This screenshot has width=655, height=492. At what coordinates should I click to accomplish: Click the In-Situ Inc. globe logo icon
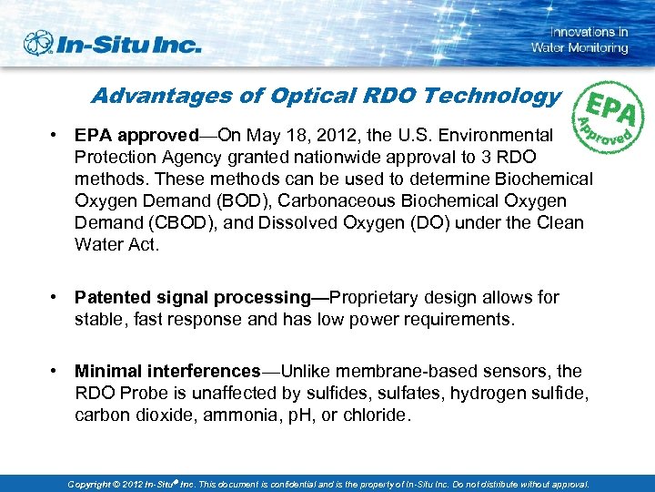pos(39,43)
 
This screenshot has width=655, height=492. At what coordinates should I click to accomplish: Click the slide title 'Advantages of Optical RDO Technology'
pos(326,96)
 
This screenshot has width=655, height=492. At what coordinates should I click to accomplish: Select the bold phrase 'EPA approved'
pos(136,136)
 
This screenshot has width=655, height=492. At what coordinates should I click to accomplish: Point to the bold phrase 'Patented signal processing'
pos(192,298)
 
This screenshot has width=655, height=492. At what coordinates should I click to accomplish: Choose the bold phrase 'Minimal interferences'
pos(167,372)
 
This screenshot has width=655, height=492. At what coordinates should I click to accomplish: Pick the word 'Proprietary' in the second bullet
pos(376,298)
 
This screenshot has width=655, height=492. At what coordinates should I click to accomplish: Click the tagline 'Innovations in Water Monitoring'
pos(579,40)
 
